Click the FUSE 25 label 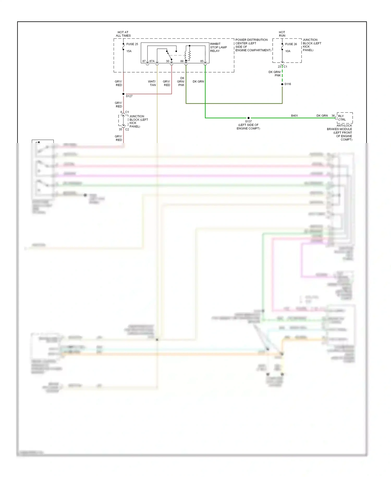(132, 44)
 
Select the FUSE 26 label (291, 44)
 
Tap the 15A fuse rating (129, 51)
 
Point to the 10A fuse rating (288, 51)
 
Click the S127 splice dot (123, 94)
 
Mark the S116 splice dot (282, 84)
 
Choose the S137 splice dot (248, 118)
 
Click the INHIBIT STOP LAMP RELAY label (218, 47)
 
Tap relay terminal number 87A (152, 61)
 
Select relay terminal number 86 (182, 61)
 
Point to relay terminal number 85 (202, 61)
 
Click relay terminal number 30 (168, 61)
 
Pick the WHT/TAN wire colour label (152, 83)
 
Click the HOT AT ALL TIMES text (123, 34)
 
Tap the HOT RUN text (282, 34)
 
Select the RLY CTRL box (345, 118)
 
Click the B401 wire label (294, 116)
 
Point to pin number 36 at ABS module (333, 116)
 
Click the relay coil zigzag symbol (190, 55)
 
